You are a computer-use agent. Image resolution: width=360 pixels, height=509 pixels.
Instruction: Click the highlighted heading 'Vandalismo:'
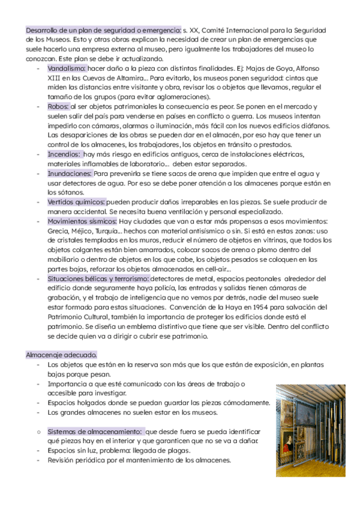tap(67, 69)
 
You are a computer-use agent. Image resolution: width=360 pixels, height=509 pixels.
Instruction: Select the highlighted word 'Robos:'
tap(58, 106)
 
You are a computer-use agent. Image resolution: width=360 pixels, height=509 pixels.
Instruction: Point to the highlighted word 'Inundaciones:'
tap(70, 173)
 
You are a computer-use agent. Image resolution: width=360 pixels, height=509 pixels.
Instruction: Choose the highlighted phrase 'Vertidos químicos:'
tap(77, 202)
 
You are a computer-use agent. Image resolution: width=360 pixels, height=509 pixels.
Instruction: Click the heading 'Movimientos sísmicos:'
tap(82, 221)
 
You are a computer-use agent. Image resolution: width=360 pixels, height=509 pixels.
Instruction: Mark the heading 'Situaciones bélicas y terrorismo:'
tap(98, 279)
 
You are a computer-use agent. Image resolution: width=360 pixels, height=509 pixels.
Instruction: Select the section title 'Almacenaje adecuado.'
tap(62, 355)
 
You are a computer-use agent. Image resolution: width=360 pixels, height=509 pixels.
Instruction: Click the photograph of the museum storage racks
tap(310, 430)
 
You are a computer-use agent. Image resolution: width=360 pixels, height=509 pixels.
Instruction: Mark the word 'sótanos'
tap(62, 192)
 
